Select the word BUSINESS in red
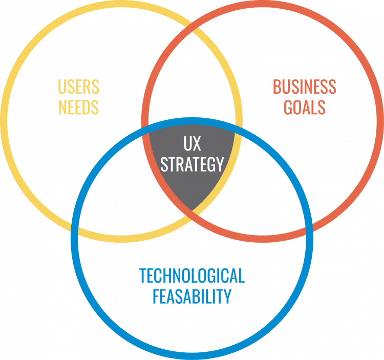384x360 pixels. click(x=305, y=87)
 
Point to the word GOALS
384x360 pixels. click(x=305, y=108)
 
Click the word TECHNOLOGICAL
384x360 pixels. click(x=192, y=277)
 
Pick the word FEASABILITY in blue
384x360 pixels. click(x=192, y=297)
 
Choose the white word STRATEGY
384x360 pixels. click(x=192, y=164)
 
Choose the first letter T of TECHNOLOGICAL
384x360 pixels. click(x=143, y=277)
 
